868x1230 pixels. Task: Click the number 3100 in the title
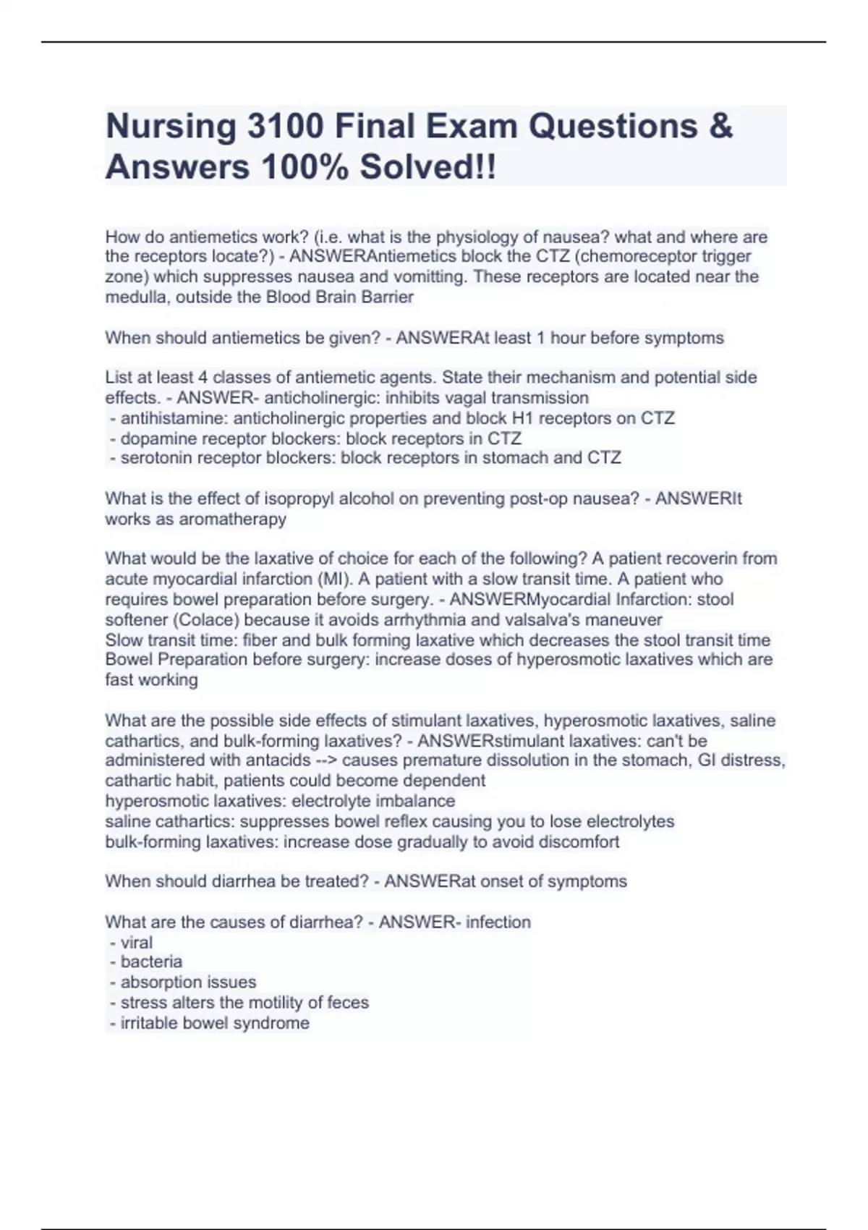285,126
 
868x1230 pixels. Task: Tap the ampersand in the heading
720,126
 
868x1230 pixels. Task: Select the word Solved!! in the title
428,167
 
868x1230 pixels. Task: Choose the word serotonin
155,457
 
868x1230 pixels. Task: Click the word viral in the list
136,942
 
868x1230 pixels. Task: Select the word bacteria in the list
151,962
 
